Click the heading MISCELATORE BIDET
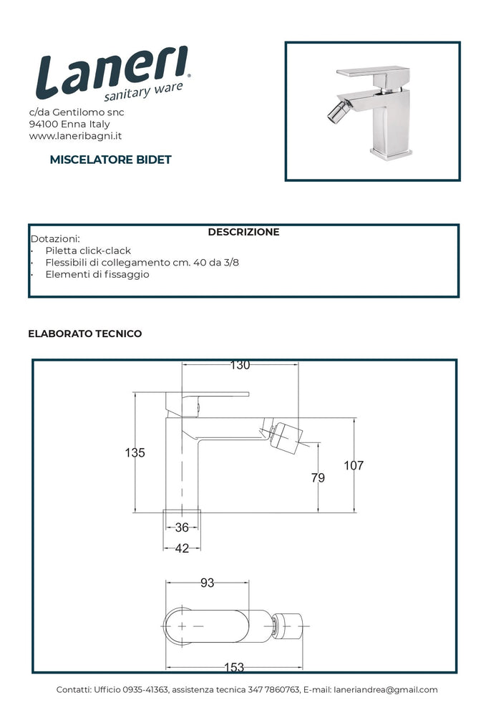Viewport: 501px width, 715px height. click(110, 160)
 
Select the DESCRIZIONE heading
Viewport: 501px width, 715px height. click(243, 232)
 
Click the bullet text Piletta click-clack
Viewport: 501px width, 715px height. click(87, 251)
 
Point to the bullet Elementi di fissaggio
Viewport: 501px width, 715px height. click(97, 274)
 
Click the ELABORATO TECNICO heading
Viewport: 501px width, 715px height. click(84, 334)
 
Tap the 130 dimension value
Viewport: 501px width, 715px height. click(240, 366)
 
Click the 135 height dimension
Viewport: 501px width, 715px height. click(135, 452)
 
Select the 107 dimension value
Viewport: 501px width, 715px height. click(354, 466)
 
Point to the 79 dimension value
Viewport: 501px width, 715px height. click(318, 477)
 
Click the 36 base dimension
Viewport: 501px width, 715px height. click(182, 528)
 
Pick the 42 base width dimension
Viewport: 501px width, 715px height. click(182, 548)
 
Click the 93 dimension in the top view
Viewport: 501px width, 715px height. click(207, 583)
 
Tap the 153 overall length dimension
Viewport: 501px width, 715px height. click(234, 667)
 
